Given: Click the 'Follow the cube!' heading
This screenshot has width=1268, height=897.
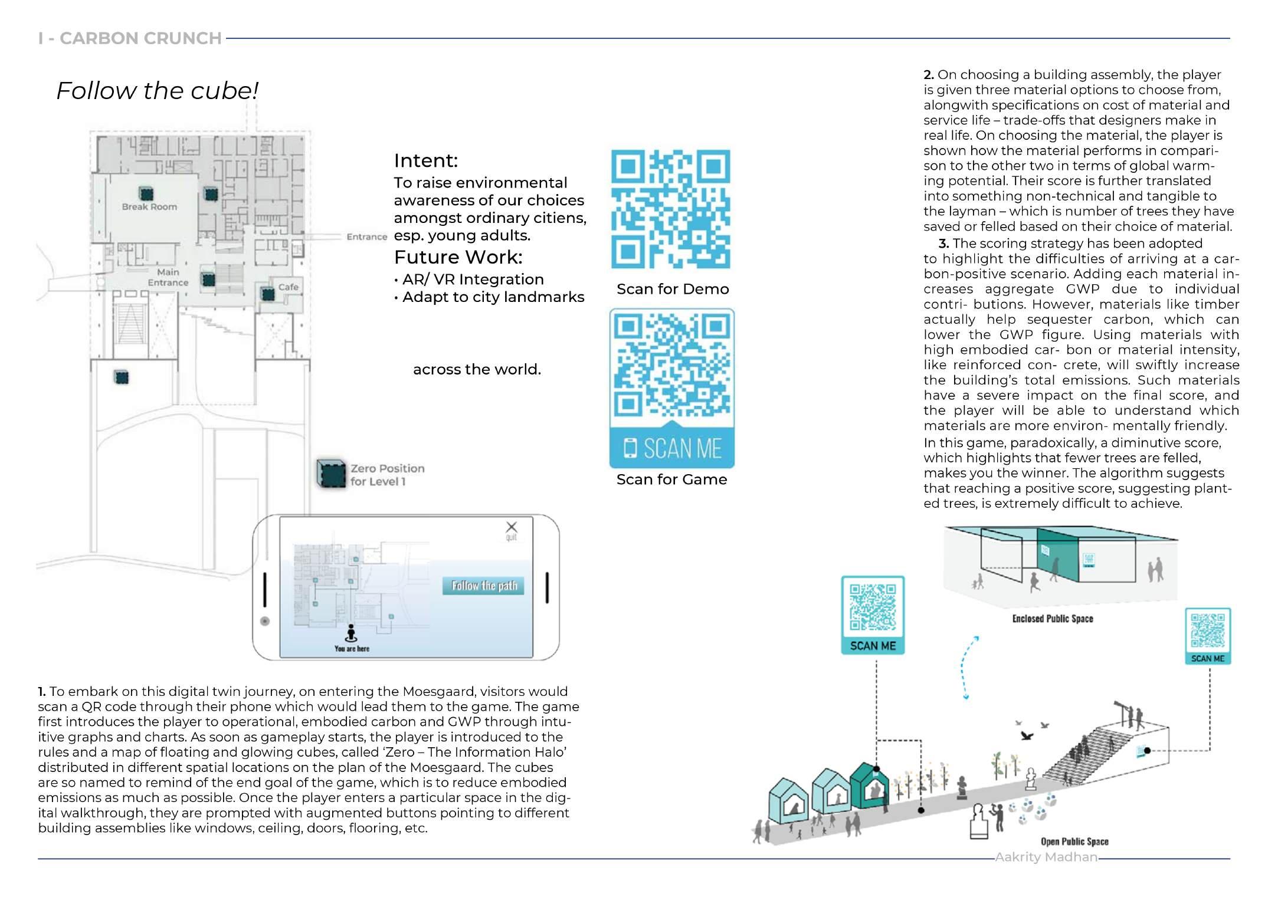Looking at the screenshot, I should point(157,91).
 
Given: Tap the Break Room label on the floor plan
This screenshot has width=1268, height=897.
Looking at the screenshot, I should point(149,207).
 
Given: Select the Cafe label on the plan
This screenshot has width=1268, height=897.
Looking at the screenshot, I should point(288,287).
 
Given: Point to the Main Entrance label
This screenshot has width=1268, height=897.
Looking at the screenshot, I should point(168,277).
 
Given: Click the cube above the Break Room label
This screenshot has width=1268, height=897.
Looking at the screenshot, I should point(146,193).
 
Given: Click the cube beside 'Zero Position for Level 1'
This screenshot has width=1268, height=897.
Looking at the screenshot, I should point(331,473).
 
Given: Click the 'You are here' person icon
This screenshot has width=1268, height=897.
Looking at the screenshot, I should point(352,633).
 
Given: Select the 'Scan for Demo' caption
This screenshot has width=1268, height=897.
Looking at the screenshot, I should point(672,289).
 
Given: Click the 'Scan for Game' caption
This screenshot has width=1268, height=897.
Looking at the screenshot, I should point(671,479).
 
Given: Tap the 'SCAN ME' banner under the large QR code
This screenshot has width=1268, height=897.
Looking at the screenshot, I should point(672,449).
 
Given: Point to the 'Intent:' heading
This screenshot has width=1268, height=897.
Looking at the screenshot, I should point(425,160).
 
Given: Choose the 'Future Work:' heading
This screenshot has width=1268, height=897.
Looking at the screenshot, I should point(458,257).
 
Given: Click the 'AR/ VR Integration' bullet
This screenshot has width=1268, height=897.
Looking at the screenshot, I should point(472,280).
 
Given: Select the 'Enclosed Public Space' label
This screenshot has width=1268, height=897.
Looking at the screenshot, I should point(1052,619).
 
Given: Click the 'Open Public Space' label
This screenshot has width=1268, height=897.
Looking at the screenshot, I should point(1074,842).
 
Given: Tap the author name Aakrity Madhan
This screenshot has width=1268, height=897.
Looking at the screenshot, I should point(1046,857).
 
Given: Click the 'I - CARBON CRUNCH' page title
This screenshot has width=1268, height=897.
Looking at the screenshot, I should point(130,38).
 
